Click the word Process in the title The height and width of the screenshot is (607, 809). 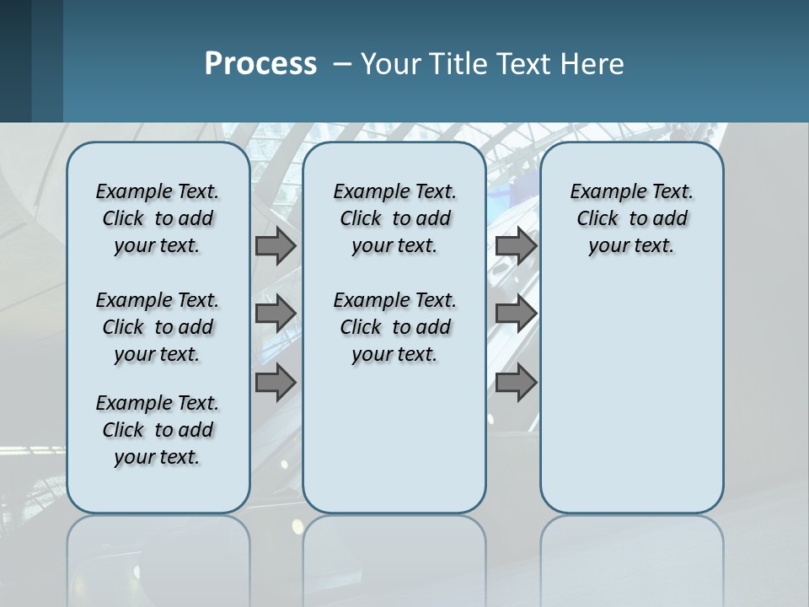(260, 63)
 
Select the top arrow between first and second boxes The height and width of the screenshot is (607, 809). (276, 245)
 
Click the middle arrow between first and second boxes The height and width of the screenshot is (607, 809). (276, 314)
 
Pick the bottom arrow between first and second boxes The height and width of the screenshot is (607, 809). (276, 382)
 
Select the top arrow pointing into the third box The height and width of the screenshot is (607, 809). (516, 245)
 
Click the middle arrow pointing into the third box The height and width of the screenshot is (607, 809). (516, 314)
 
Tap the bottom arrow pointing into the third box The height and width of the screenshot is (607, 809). (516, 382)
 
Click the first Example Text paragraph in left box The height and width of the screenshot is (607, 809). (158, 218)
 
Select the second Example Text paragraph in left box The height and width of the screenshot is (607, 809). (158, 327)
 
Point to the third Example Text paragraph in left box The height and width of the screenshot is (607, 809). (158, 430)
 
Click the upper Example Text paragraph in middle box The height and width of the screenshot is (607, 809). (394, 218)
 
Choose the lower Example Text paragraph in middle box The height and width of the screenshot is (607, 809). (394, 327)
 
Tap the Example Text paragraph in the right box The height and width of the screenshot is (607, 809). (631, 218)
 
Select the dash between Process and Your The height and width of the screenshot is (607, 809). (343, 64)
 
